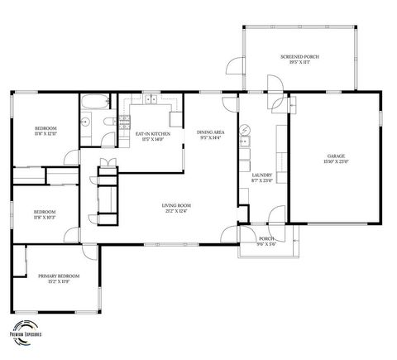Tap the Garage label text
[x=336, y=156]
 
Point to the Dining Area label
[x=211, y=132]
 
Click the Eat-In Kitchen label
[x=153, y=133]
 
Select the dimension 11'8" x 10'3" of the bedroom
[x=45, y=217]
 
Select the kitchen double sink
[x=151, y=101]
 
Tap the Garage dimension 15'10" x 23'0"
[x=336, y=161]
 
